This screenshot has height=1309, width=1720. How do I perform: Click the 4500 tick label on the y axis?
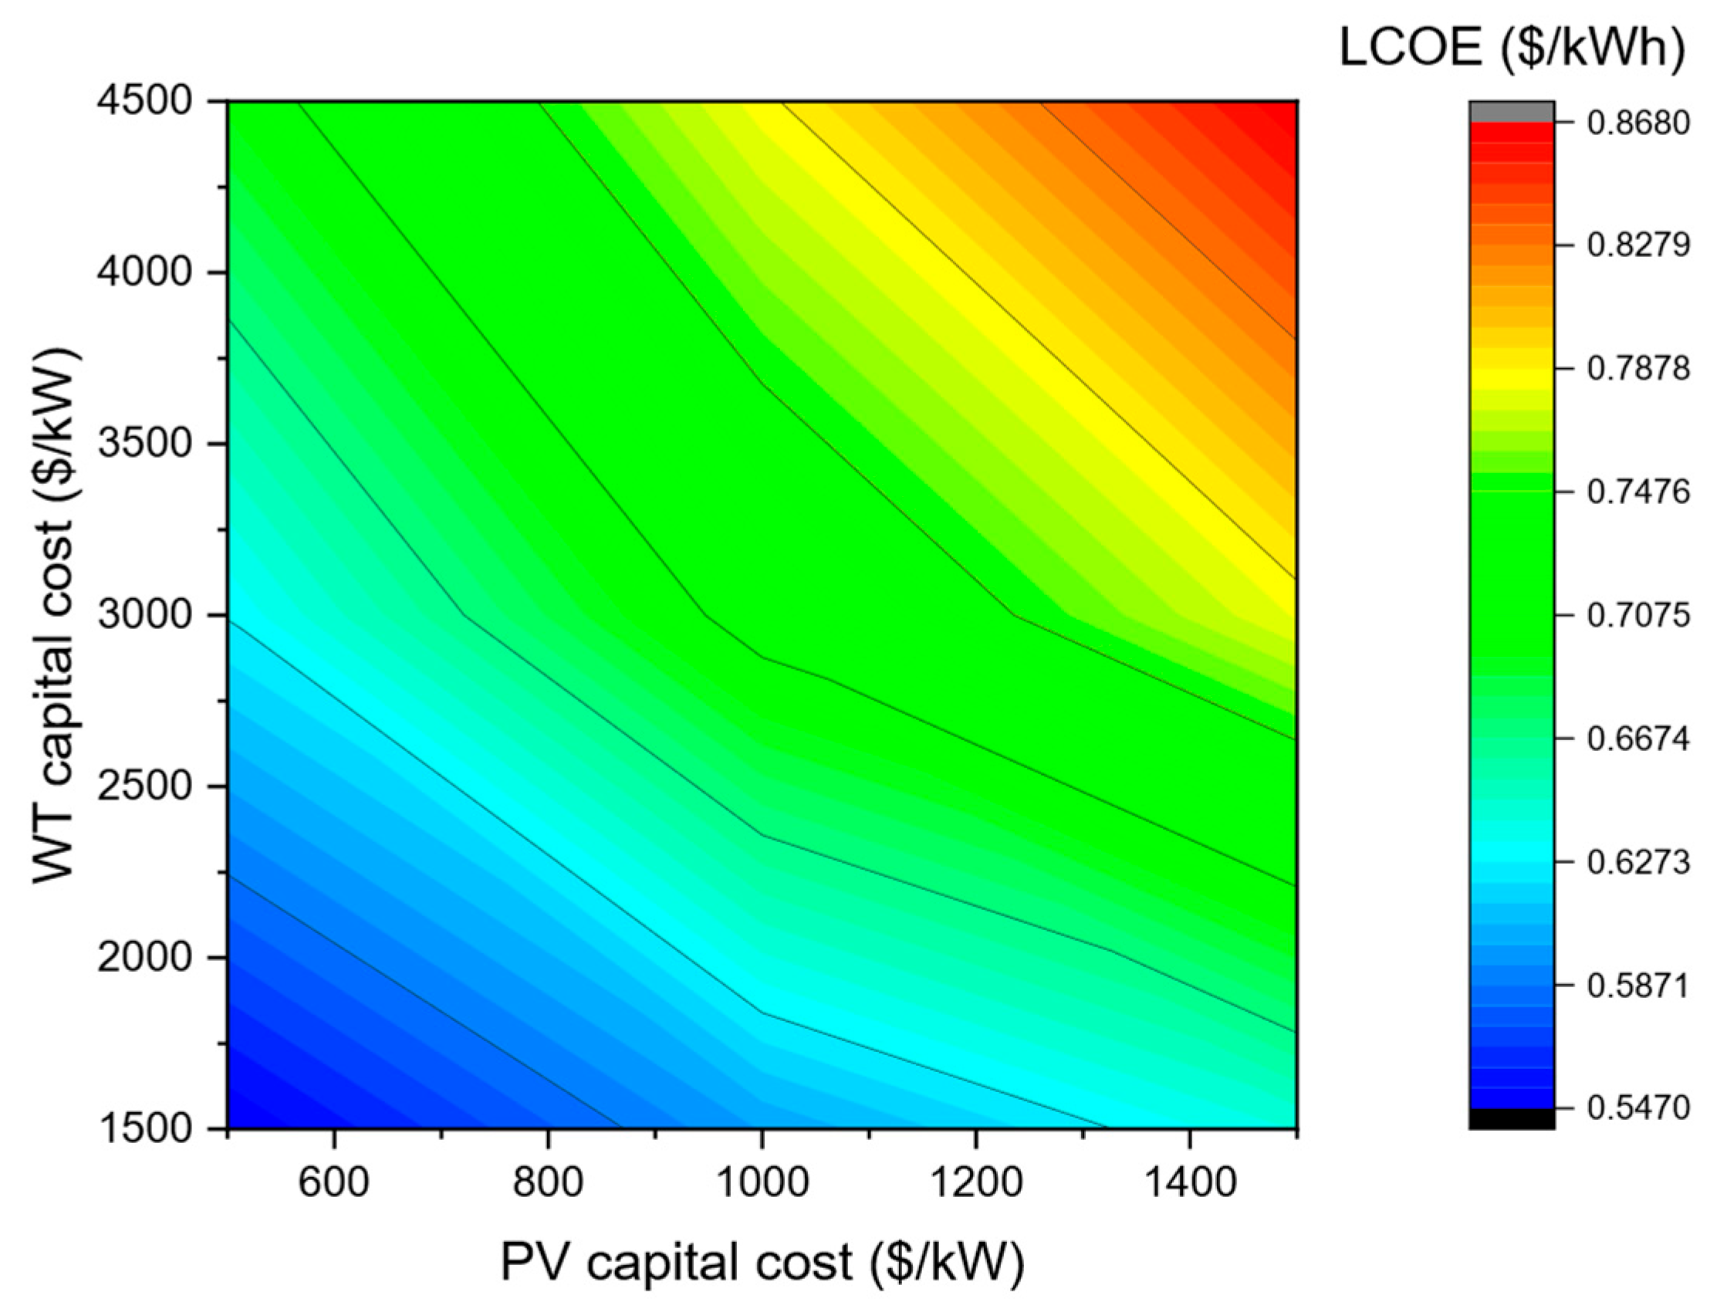146,102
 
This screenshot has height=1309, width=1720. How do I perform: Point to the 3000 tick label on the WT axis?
146,616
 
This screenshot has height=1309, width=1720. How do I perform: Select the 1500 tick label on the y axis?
146,1128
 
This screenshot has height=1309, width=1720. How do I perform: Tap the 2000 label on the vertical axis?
146,958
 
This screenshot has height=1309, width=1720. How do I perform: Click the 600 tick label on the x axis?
334,1182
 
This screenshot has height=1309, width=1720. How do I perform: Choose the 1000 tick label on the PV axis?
762,1182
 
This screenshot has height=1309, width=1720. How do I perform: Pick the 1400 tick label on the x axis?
1189,1182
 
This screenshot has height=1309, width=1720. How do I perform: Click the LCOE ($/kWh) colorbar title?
1511,50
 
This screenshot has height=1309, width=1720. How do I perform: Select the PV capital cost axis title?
762,1262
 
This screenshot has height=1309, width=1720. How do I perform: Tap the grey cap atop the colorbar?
1512,111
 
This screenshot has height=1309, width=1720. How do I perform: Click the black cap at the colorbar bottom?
1512,1118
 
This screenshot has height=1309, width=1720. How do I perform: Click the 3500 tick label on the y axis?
146,444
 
